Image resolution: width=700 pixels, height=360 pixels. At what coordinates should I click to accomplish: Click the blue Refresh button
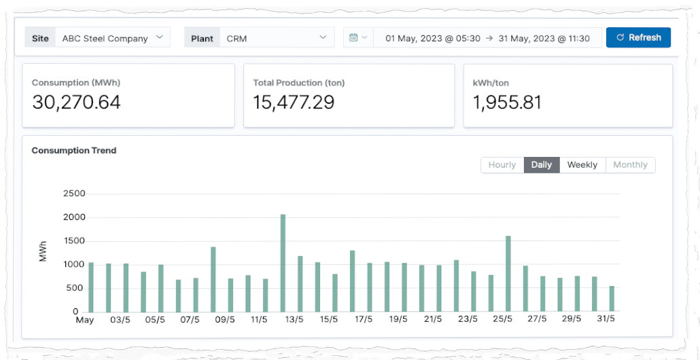coord(638,38)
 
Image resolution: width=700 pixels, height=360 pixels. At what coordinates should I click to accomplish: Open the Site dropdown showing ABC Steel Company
coord(111,38)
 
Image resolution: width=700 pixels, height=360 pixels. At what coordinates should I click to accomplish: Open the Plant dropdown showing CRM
coord(275,38)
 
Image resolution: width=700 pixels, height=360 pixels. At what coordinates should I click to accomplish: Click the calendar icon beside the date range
coord(354,38)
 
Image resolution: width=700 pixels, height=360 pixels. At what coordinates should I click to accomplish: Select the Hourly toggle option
coord(502,165)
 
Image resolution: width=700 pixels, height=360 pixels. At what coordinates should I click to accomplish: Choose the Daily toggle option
coord(542,165)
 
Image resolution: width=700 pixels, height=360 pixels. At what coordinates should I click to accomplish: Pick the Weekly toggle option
coord(582,165)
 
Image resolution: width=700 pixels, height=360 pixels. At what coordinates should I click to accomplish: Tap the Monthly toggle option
coord(630,165)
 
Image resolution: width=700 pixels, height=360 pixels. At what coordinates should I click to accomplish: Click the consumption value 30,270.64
coord(76,103)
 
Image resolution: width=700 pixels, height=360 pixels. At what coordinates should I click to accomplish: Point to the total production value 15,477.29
coord(294,103)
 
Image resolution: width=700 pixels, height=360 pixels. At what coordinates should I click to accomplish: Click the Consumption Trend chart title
coord(74,151)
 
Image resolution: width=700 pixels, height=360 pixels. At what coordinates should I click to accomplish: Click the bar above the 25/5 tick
coord(508,274)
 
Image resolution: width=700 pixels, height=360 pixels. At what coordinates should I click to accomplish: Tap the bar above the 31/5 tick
coord(612,299)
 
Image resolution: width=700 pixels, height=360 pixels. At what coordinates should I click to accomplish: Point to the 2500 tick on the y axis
coord(74,194)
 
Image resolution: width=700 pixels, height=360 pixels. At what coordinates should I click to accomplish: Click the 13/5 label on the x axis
coord(293,320)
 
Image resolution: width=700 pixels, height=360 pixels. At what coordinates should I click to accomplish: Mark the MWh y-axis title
coord(43,253)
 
